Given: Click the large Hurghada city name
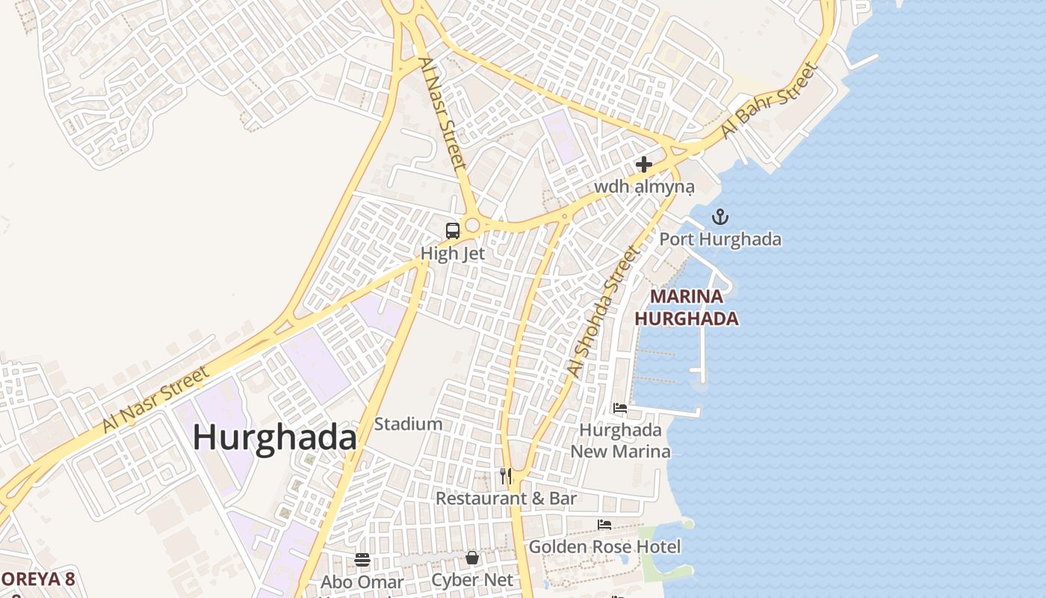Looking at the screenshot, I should point(275,437).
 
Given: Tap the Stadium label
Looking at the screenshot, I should point(408,425).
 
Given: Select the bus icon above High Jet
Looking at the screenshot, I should point(453,231).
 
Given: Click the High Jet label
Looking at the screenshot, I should point(453,253).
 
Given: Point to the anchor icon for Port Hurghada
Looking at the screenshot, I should point(719,218).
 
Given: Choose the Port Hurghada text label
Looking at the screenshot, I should point(719,239).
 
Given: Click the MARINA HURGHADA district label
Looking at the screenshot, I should point(687,307).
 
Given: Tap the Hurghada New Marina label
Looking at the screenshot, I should point(620,441).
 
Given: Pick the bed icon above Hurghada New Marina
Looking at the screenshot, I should point(620,408).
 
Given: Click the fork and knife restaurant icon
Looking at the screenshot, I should point(506,475).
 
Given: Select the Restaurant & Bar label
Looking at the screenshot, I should point(506,499).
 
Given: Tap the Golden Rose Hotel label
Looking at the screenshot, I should point(604,547).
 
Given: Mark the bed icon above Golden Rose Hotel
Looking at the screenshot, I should point(604,525).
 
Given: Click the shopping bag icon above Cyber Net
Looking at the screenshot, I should point(472,558).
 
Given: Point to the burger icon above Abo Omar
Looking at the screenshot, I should point(362,560).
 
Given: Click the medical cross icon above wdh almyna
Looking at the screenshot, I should point(644,164).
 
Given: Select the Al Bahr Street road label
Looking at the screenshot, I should point(770,101).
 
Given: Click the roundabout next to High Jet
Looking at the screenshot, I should point(472,225).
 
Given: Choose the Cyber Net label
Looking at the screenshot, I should point(472,580).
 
